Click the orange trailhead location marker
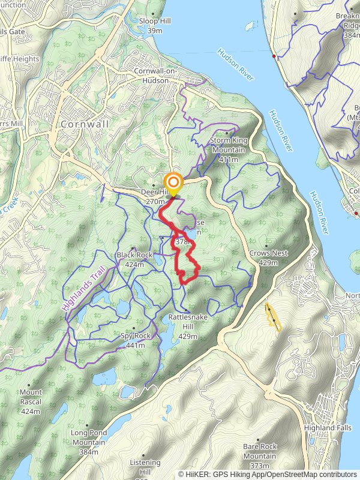click(x=174, y=183)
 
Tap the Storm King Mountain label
click(x=229, y=145)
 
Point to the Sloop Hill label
click(x=155, y=25)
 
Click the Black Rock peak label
click(x=134, y=259)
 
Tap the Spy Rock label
click(x=135, y=340)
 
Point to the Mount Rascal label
click(x=31, y=396)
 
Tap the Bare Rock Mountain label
click(x=260, y=451)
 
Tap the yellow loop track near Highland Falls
click(x=272, y=317)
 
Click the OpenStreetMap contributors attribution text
click(x=312, y=475)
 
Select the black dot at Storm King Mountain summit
click(x=226, y=133)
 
